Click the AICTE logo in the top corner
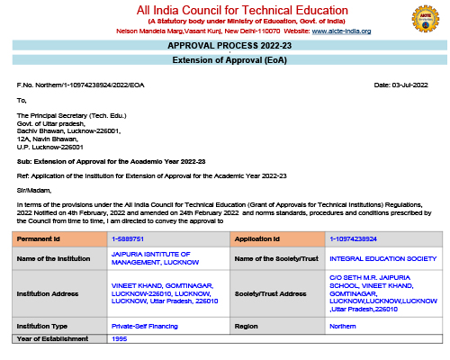click(424, 19)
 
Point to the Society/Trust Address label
click(270, 292)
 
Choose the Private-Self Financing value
click(144, 326)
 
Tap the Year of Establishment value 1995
click(120, 338)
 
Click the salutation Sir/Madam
click(31, 191)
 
